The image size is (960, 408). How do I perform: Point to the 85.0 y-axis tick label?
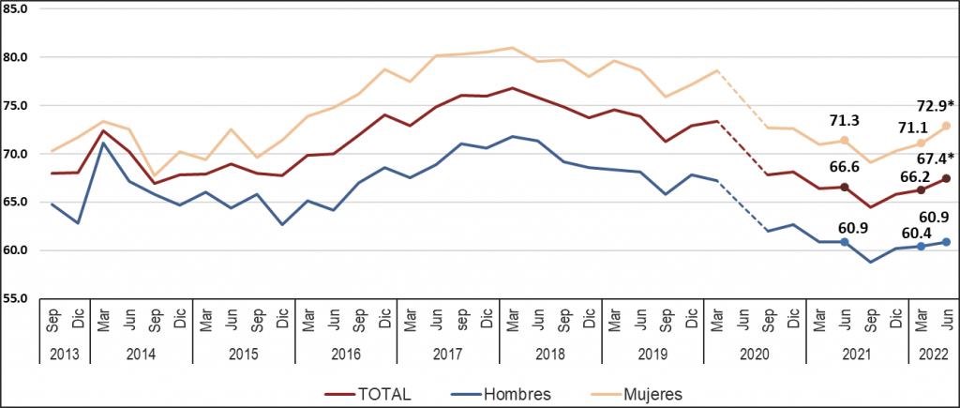(20, 9)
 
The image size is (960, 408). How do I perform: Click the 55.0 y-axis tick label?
(20, 299)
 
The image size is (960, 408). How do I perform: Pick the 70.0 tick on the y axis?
(20, 154)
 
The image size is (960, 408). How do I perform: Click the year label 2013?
(64, 355)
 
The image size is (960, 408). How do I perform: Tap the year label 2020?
(754, 355)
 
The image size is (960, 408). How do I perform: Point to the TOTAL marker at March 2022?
(921, 189)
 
